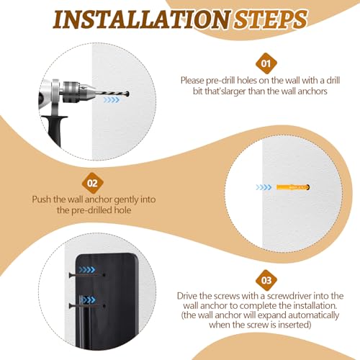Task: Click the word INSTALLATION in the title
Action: (x=142, y=20)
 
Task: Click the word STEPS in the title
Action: (x=271, y=19)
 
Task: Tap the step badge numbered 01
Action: (x=266, y=63)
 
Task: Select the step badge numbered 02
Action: (x=92, y=183)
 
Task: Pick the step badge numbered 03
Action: (x=266, y=280)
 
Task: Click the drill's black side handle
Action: (x=55, y=128)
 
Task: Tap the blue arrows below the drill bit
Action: (x=112, y=100)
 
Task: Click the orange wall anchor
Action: (x=293, y=187)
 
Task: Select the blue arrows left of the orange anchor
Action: (x=264, y=187)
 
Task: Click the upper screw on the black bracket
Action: (x=87, y=275)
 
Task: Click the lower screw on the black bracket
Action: (x=87, y=306)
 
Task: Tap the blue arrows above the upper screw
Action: (x=87, y=270)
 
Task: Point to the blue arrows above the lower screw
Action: (x=87, y=300)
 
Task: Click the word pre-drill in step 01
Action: (x=220, y=81)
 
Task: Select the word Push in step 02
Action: (x=42, y=199)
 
